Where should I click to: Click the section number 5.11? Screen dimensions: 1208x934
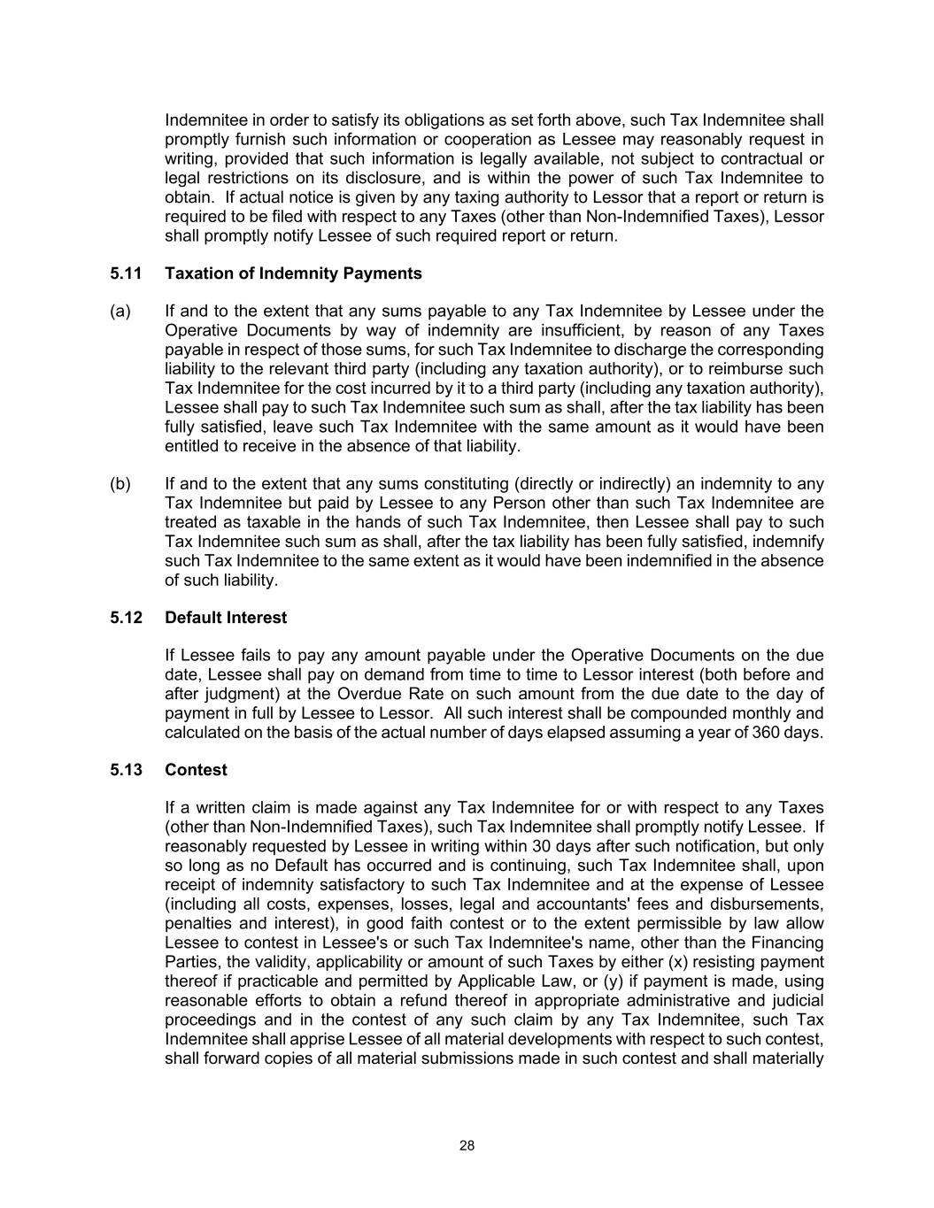[x=126, y=273]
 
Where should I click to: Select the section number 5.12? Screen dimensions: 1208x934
[x=126, y=618]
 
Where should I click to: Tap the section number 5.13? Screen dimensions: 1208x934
[x=126, y=770]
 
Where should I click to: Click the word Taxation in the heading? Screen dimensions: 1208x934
[x=200, y=273]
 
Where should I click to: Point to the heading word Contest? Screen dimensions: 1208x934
[x=196, y=770]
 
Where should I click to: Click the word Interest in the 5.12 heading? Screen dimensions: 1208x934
[x=256, y=618]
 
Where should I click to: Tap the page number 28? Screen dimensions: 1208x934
[x=467, y=1146]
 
